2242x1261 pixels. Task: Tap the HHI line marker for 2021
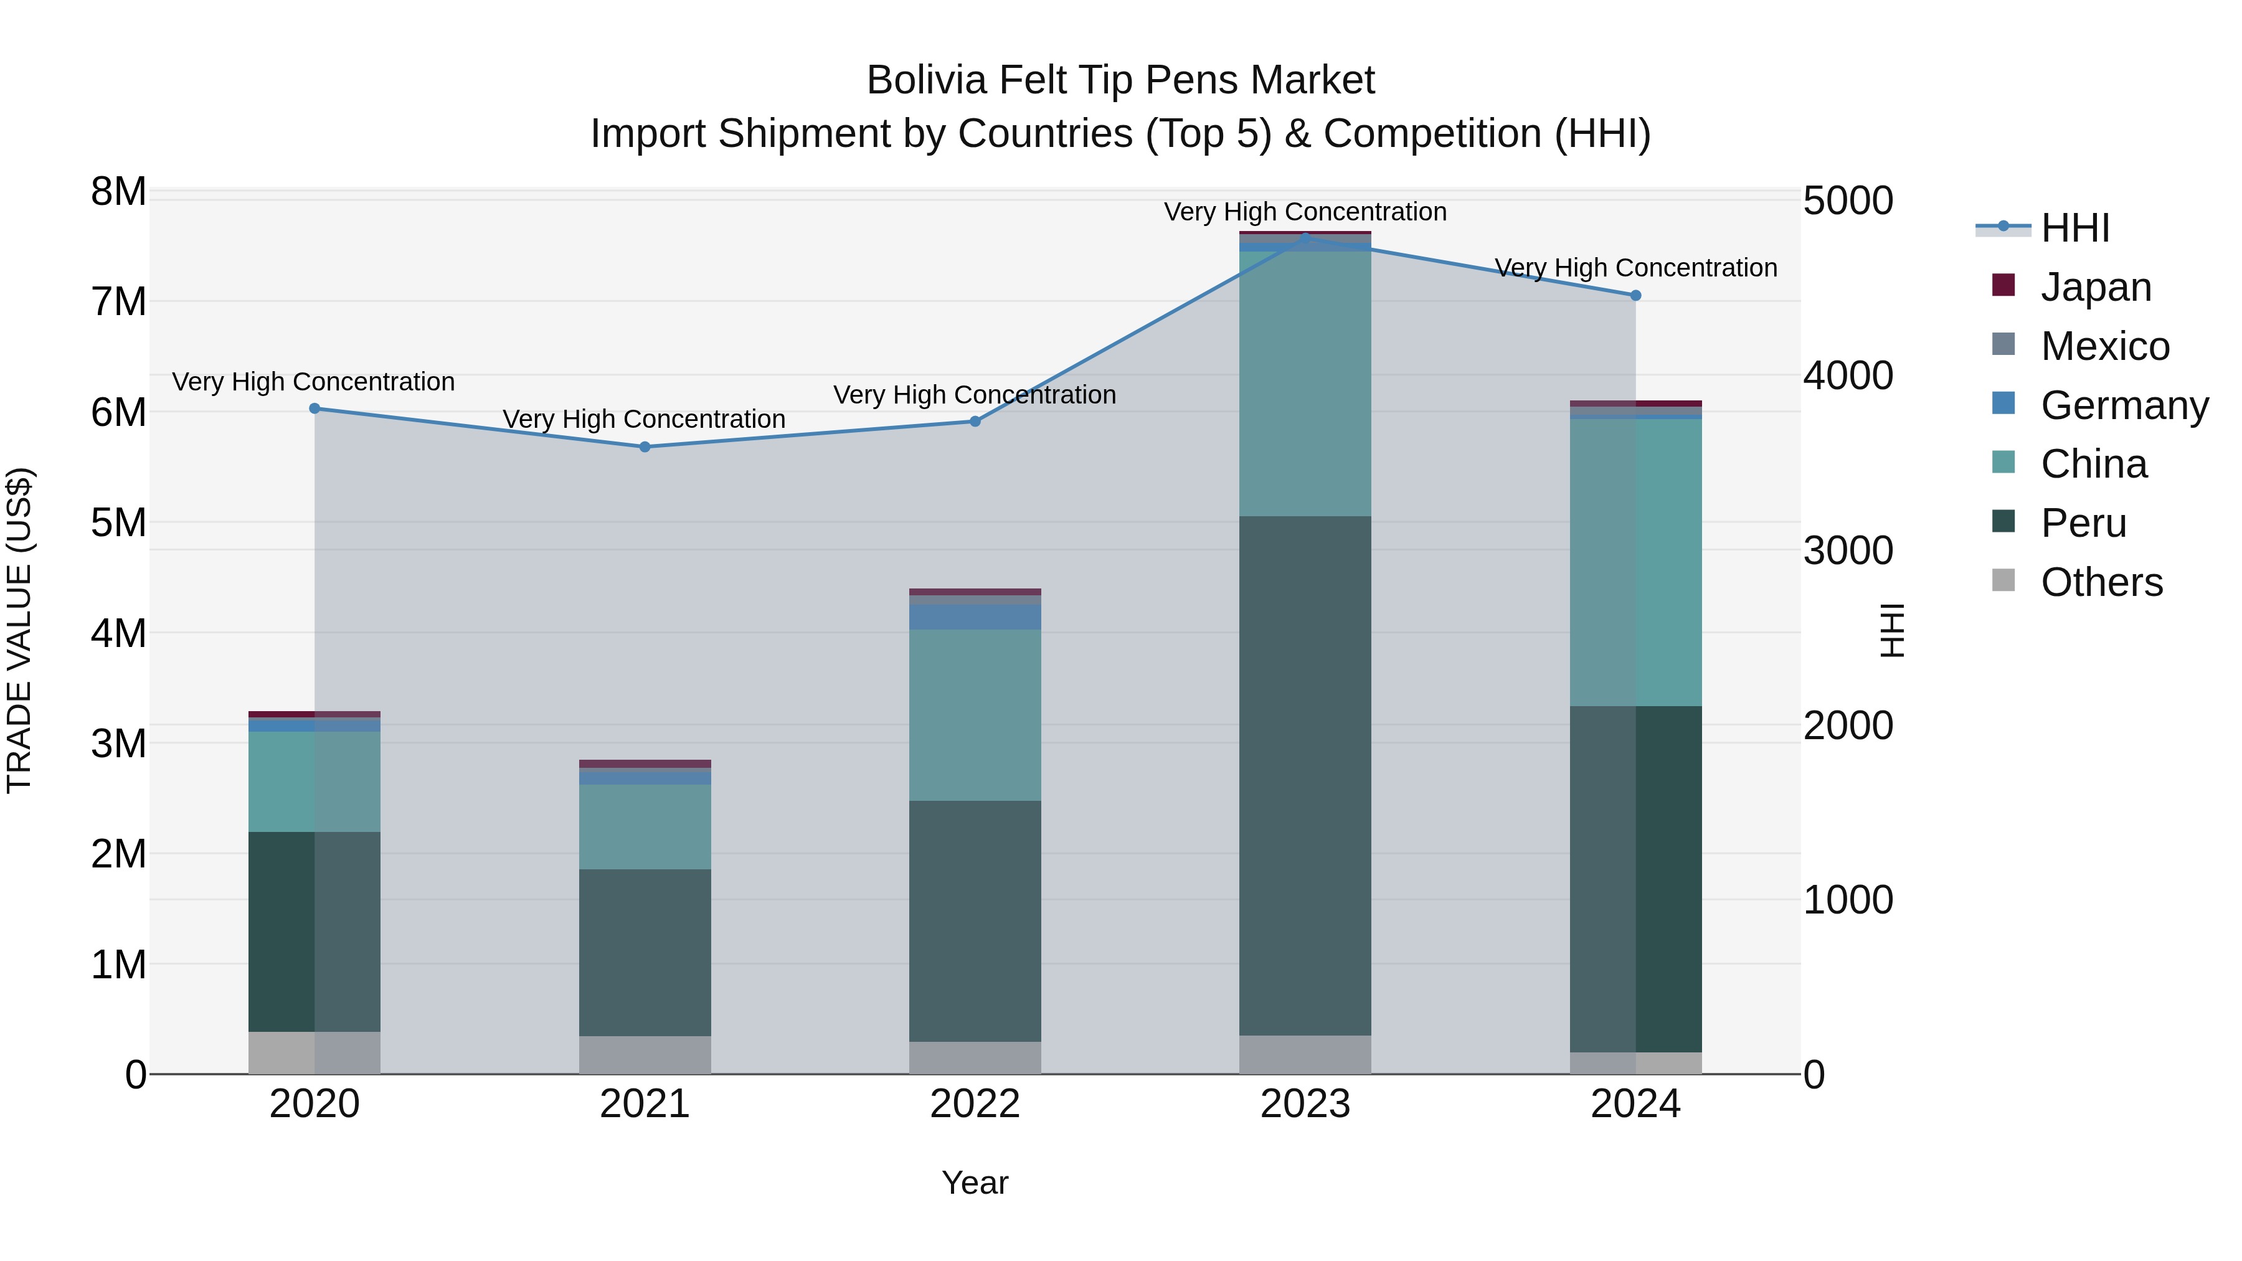[x=645, y=447]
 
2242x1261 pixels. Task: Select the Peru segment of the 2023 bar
[x=1305, y=775]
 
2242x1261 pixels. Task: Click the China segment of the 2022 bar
[x=975, y=714]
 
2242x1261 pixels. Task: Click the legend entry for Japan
[x=2095, y=287]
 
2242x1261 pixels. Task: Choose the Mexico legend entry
[x=2104, y=346]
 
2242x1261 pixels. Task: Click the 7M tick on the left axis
[x=118, y=302]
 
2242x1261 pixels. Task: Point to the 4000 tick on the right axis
[x=1848, y=376]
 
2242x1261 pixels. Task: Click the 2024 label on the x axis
[x=1635, y=1104]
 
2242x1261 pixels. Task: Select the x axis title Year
[x=975, y=1183]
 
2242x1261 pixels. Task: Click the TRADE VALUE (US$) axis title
[x=19, y=630]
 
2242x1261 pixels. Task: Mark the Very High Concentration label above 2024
[x=1635, y=268]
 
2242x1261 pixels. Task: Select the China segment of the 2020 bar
[x=315, y=781]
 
